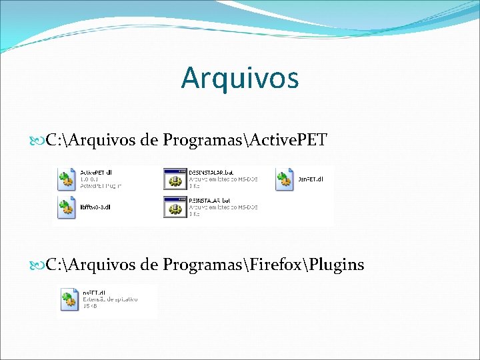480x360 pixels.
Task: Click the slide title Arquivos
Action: pyautogui.click(x=239, y=78)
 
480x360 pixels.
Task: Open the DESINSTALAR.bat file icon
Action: pyautogui.click(x=175, y=179)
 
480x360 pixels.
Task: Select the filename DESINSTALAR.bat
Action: pyautogui.click(x=210, y=172)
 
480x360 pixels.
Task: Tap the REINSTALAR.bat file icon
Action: pyautogui.click(x=175, y=207)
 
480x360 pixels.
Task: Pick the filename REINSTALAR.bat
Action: pyautogui.click(x=209, y=199)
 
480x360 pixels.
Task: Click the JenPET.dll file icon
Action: pyautogui.click(x=285, y=180)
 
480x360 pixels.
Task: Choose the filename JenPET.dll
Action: pyautogui.click(x=311, y=179)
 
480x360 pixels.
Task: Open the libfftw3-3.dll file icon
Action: pyautogui.click(x=67, y=208)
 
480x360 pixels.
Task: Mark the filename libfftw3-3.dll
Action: pyautogui.click(x=95, y=207)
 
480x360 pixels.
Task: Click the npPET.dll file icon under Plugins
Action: pyautogui.click(x=69, y=300)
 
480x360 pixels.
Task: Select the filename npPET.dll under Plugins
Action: pyautogui.click(x=94, y=293)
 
